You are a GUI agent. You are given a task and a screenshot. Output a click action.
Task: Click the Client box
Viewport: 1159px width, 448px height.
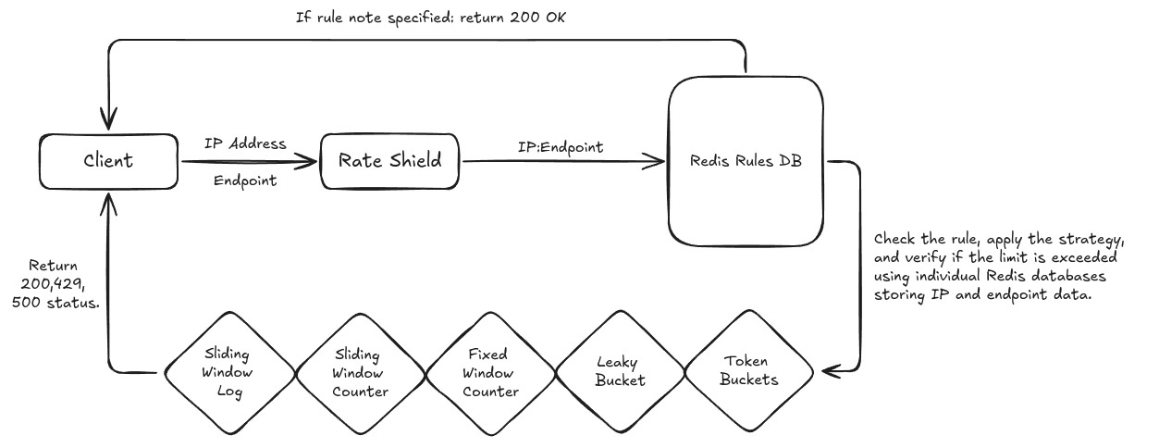tap(109, 161)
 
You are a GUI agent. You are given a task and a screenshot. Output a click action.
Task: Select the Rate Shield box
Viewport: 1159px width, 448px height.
tap(391, 161)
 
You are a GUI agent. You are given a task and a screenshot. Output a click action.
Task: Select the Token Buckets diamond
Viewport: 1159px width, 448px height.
tap(749, 374)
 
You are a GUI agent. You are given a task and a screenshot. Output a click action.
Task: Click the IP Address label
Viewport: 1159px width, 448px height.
tap(245, 144)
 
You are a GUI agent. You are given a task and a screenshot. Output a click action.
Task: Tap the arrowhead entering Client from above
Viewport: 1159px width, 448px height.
tap(110, 122)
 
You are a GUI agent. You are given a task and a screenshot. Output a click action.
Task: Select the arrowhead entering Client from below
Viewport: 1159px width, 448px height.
tap(110, 197)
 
